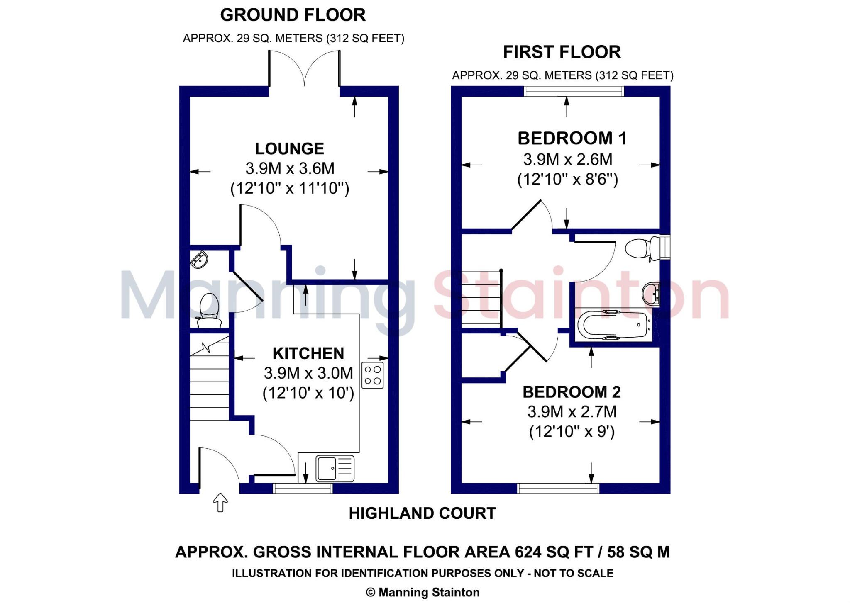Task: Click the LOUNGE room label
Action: coord(289,148)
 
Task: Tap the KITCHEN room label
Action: coord(308,353)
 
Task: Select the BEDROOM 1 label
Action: coord(572,138)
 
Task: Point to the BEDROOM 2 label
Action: coord(572,391)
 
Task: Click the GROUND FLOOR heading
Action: coord(293,15)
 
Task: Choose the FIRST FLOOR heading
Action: coord(562,52)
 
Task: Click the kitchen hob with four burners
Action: coord(372,375)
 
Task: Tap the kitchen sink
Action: coord(335,469)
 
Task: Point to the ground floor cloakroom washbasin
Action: coord(199,260)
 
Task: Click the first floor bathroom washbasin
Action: coord(650,294)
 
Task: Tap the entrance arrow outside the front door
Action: coord(220,502)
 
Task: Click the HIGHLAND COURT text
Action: coord(422,513)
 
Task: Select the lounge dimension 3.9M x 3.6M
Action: coord(290,168)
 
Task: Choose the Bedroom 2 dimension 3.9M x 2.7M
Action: coord(572,412)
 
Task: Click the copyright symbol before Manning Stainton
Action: coord(370,592)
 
